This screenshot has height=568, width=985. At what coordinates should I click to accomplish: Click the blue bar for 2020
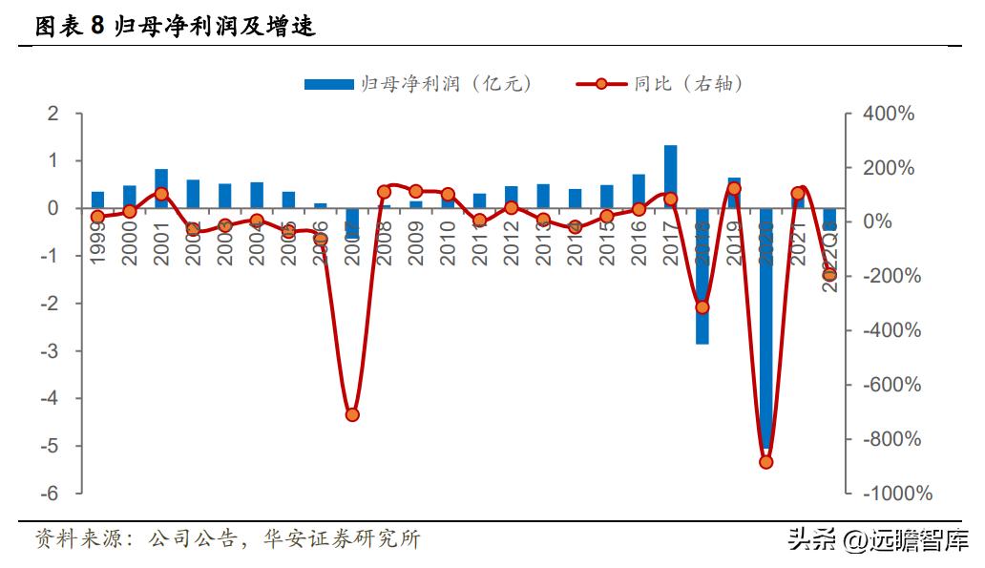pyautogui.click(x=765, y=329)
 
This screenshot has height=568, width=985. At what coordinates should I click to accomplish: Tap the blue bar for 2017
pyautogui.click(x=670, y=177)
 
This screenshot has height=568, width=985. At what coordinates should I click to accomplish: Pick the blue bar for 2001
pyautogui.click(x=161, y=188)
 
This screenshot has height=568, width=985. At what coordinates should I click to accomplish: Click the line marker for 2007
pyautogui.click(x=351, y=414)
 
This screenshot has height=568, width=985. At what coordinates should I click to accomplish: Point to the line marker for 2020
pyautogui.click(x=765, y=462)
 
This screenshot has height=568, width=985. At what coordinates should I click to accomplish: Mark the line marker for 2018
pyautogui.click(x=702, y=307)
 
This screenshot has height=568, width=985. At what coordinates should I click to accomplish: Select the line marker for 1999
pyautogui.click(x=97, y=217)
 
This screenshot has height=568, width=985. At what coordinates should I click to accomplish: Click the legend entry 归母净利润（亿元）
pyautogui.click(x=418, y=84)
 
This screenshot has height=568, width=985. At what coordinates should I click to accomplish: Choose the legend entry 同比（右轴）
pyautogui.click(x=660, y=84)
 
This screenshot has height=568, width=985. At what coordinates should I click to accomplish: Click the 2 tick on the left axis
pyautogui.click(x=53, y=114)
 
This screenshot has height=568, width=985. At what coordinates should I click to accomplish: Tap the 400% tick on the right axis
pyautogui.click(x=888, y=114)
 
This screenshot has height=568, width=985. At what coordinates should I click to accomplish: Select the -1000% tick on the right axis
pyautogui.click(x=896, y=494)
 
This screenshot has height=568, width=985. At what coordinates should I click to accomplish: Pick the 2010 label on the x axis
pyautogui.click(x=447, y=242)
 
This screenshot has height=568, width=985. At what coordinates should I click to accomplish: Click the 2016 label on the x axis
pyautogui.click(x=638, y=242)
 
